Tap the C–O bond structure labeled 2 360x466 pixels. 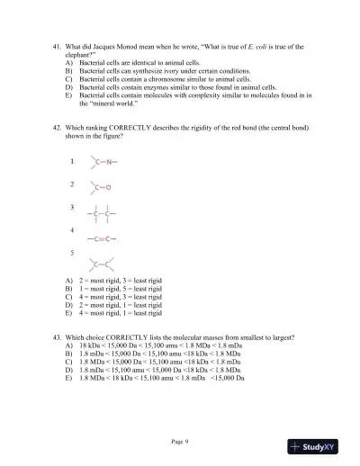pyautogui.click(x=101, y=188)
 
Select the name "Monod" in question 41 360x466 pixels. pyautogui.click(x=135, y=46)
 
